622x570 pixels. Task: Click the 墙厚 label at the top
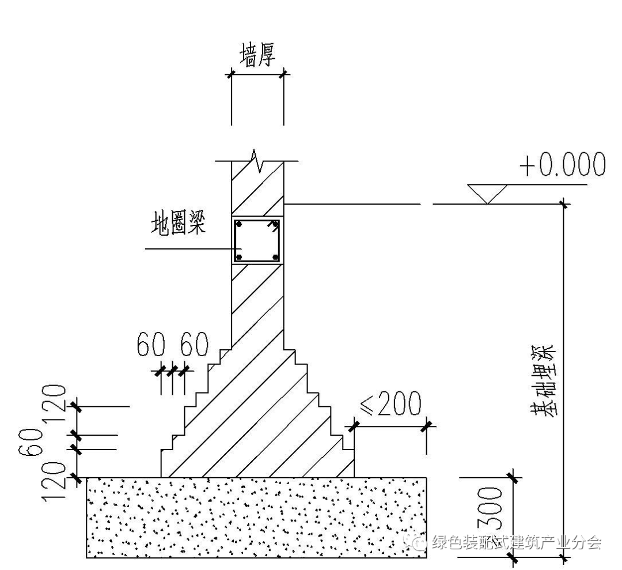[x=257, y=55]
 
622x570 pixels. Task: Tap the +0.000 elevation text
[x=562, y=165]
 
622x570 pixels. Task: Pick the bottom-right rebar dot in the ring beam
[x=275, y=257]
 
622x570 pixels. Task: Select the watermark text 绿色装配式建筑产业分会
[x=516, y=542]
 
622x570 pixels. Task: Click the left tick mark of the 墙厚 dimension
[x=232, y=74]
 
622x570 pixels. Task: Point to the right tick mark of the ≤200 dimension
[x=427, y=426]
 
